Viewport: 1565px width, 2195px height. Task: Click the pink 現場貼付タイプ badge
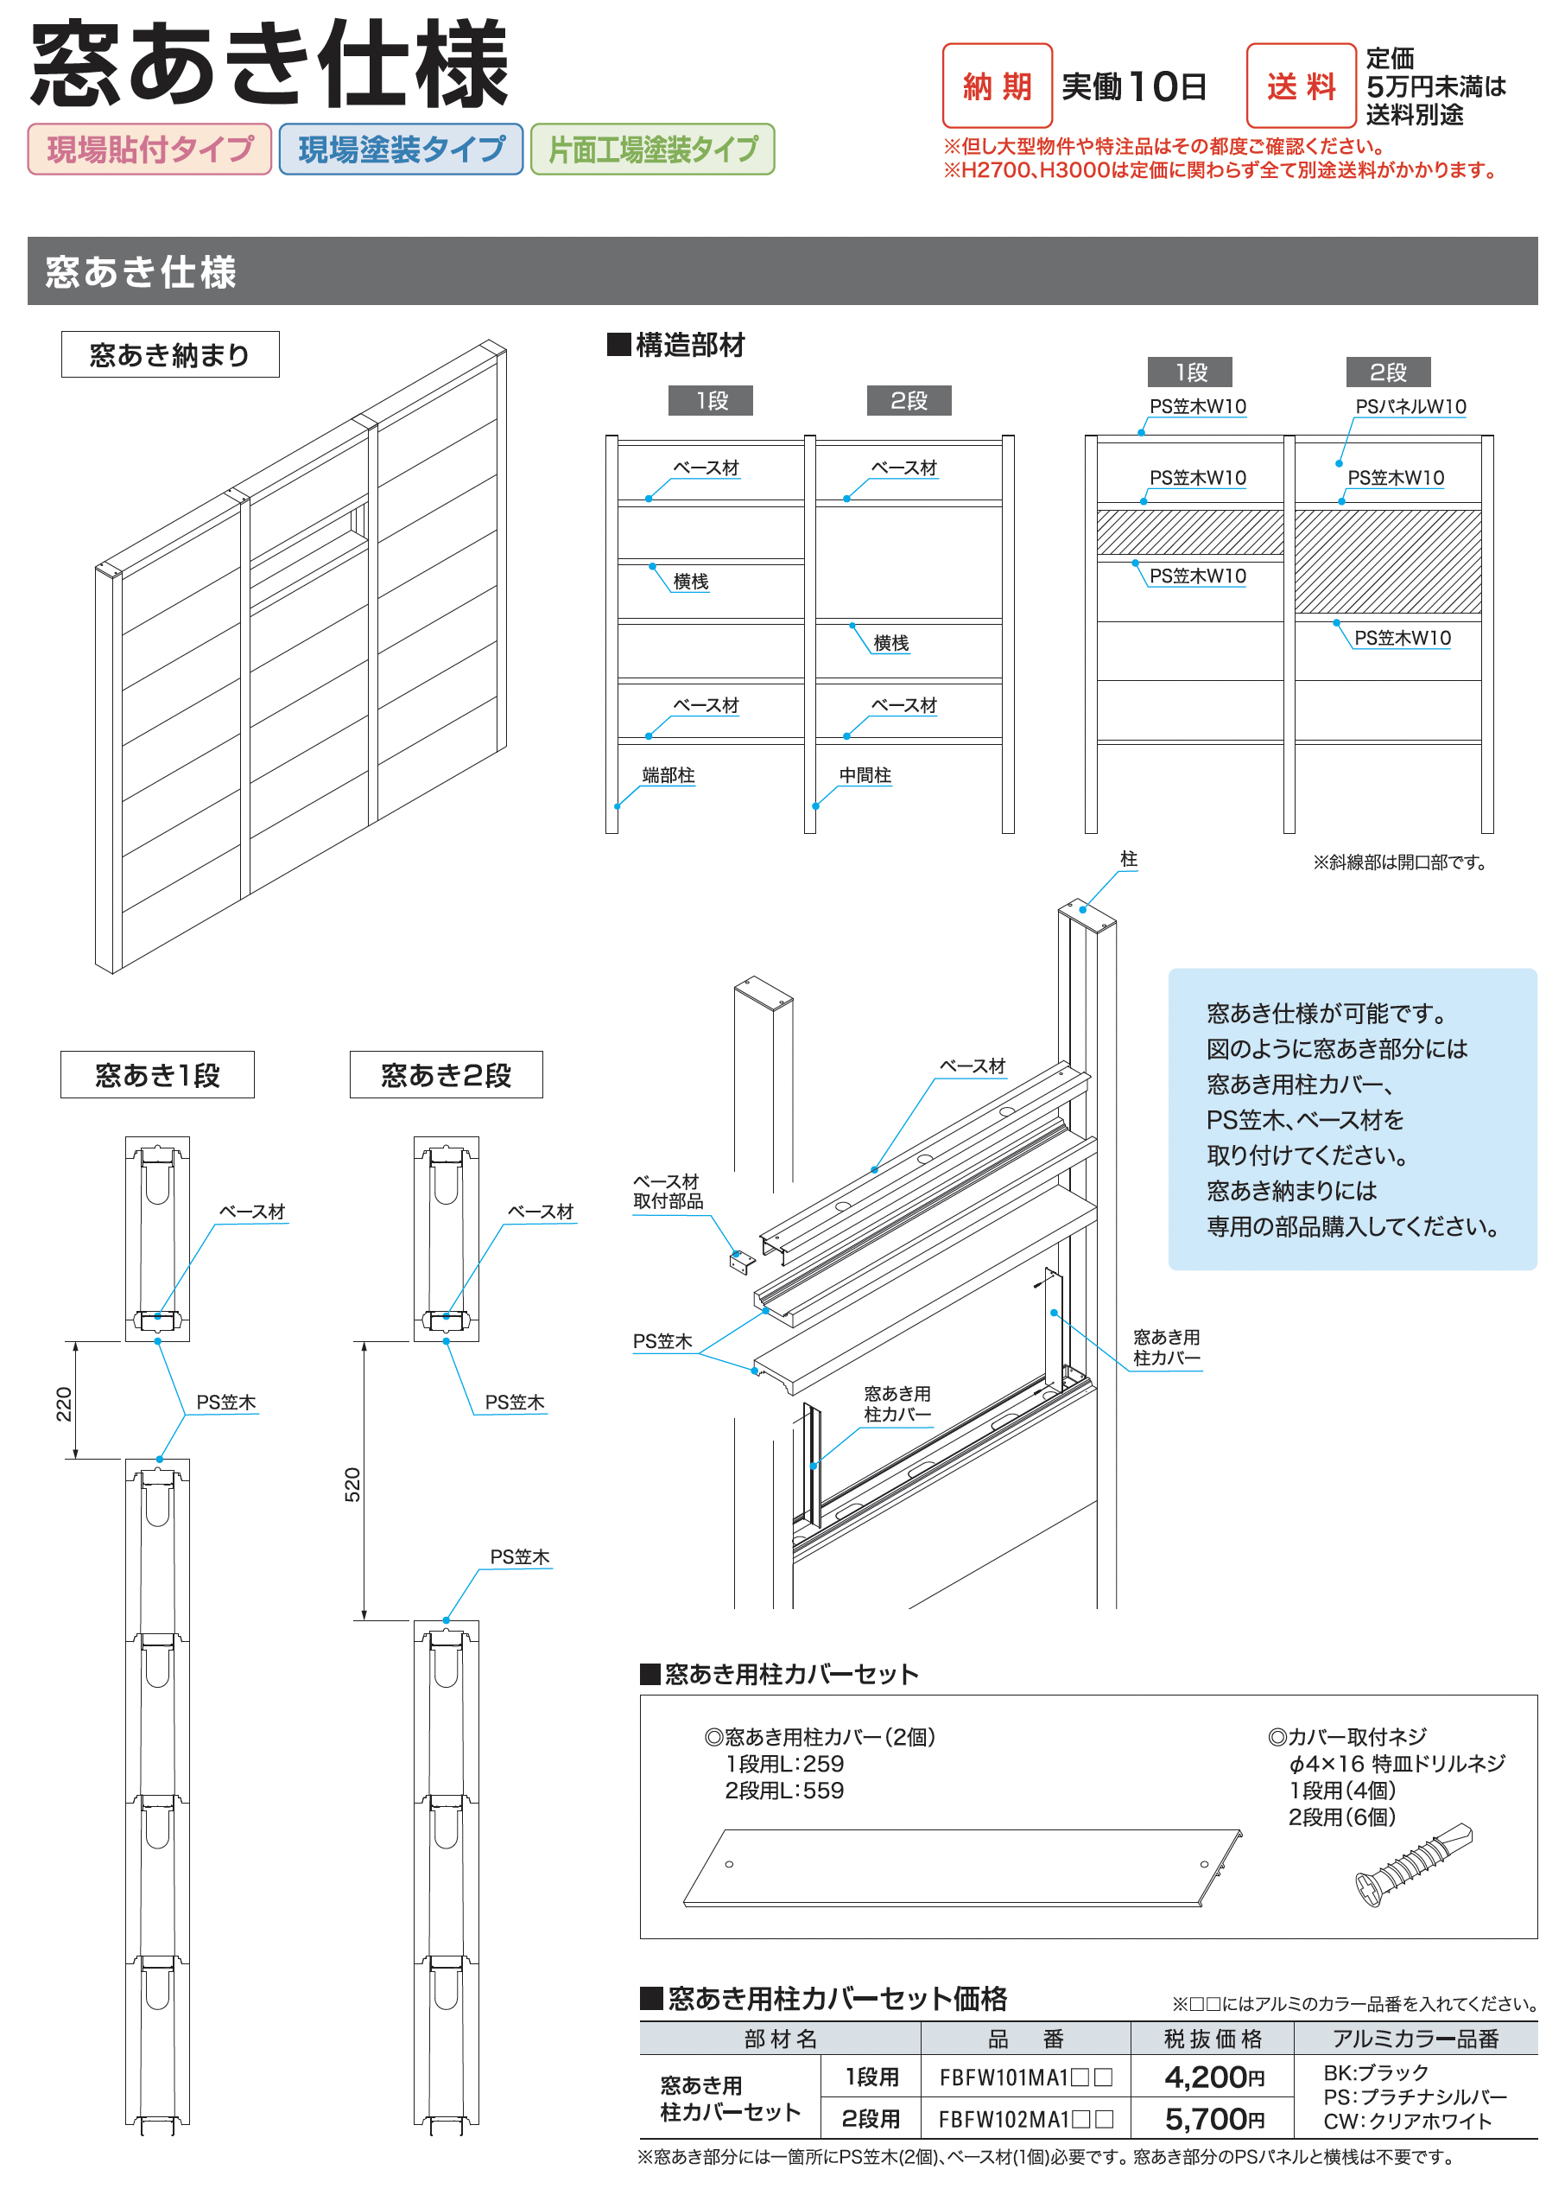point(149,150)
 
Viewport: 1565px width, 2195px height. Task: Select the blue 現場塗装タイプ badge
point(401,150)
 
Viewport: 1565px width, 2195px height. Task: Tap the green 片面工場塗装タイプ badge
point(652,150)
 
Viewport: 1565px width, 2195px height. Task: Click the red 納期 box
point(997,86)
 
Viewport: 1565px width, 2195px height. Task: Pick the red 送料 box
point(1300,86)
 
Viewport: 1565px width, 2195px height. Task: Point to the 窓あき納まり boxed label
point(169,355)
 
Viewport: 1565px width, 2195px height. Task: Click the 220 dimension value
point(64,1403)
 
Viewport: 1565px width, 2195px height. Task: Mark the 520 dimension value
point(352,1485)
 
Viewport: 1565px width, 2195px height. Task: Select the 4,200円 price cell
point(1213,2077)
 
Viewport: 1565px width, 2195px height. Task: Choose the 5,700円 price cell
point(1213,2118)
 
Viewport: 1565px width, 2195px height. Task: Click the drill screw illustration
point(1413,1864)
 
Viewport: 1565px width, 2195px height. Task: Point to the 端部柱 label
point(668,775)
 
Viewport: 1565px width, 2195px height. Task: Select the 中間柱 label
point(865,775)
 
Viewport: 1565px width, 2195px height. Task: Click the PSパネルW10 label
point(1410,407)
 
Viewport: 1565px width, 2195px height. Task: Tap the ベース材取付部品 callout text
point(667,1191)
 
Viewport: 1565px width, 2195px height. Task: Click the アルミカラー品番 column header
point(1415,2039)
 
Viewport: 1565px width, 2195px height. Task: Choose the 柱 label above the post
point(1129,859)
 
